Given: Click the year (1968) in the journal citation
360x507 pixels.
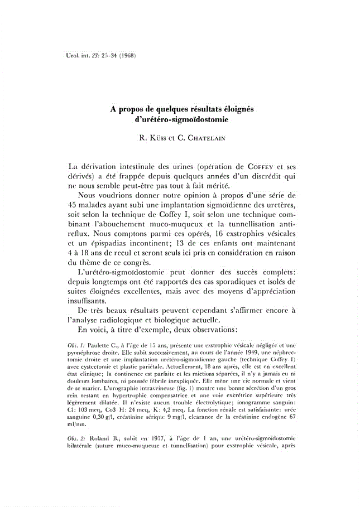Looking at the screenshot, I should [x=126, y=56].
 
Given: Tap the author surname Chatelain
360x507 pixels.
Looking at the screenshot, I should [x=207, y=134].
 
